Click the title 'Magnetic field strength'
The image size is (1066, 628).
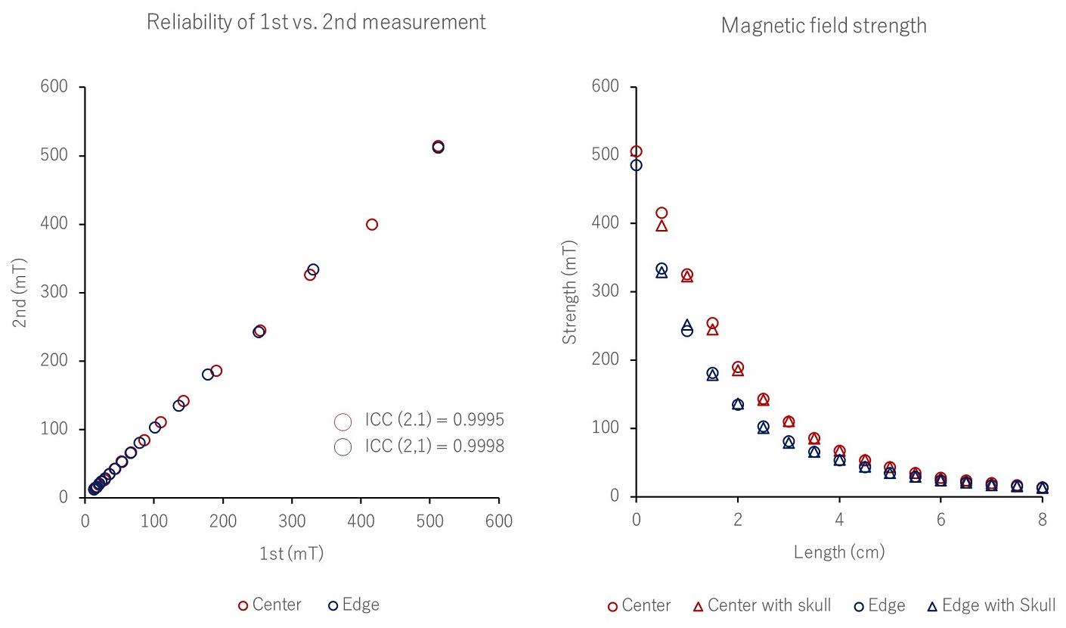point(823,26)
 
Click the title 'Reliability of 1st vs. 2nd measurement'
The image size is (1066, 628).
point(316,23)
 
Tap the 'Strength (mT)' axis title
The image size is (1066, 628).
point(569,292)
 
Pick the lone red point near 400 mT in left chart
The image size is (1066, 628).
point(371,225)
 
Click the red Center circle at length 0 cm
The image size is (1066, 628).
point(636,151)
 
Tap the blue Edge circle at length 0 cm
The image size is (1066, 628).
point(636,165)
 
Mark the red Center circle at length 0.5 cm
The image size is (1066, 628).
point(662,213)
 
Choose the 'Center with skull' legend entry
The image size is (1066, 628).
point(762,605)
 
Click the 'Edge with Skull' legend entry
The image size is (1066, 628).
point(991,605)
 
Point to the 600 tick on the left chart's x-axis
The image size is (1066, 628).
point(498,521)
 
